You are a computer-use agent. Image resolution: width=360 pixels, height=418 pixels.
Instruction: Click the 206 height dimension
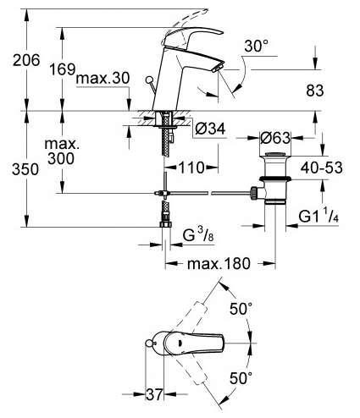coord(26,60)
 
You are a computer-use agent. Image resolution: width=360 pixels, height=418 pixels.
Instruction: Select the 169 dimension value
coord(63,69)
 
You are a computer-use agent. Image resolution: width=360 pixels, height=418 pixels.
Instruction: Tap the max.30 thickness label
coord(102,78)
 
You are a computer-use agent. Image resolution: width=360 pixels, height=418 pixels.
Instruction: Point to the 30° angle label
coord(257,46)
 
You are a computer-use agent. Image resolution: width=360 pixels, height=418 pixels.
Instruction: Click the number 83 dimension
coord(315,91)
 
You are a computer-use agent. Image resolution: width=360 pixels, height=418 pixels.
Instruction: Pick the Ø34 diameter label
coord(210,129)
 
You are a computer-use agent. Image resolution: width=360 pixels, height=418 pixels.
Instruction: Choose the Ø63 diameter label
coord(275,138)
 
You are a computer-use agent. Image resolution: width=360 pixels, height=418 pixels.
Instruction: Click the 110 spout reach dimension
coord(191,168)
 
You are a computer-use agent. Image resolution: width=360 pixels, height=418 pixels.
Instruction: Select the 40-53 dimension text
coord(322,168)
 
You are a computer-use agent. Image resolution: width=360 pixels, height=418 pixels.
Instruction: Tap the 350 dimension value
coord(25,169)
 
